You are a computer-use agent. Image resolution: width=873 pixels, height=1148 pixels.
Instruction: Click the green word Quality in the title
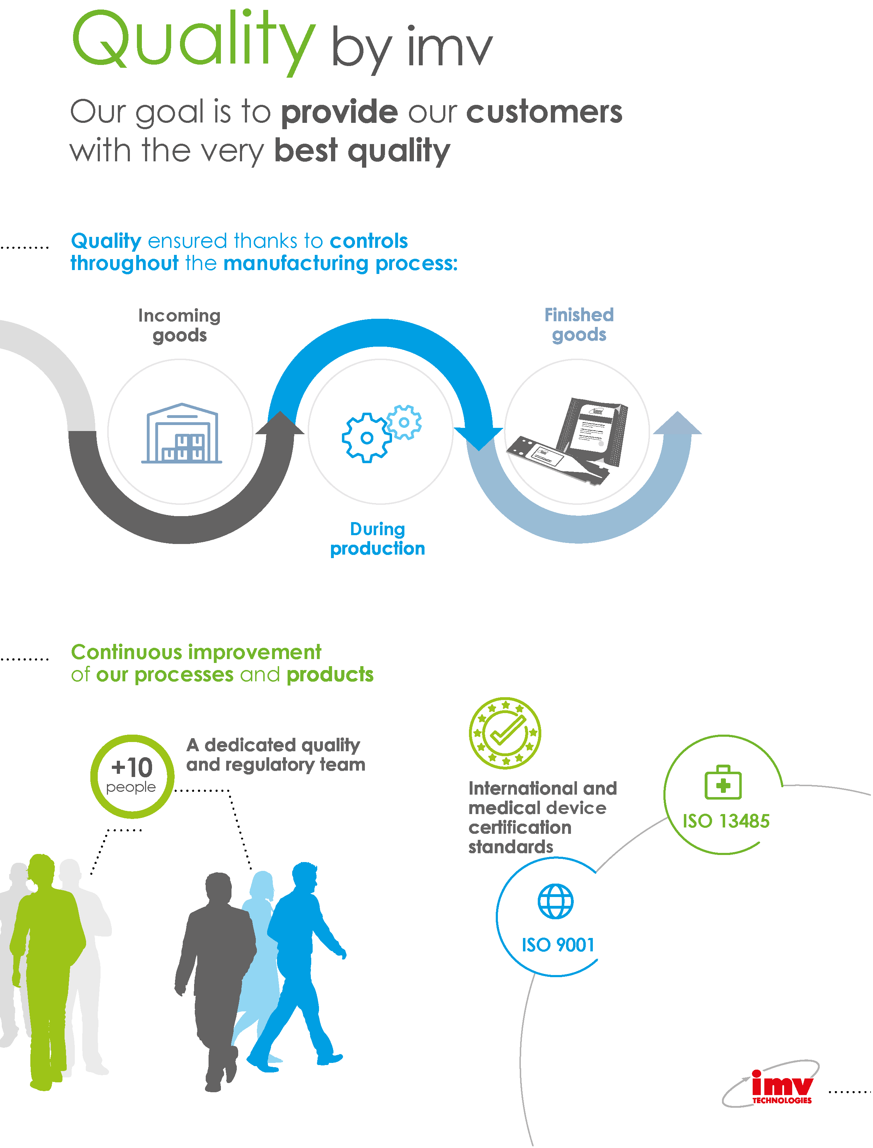point(193,42)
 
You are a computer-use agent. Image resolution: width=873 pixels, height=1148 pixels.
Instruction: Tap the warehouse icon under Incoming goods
point(181,433)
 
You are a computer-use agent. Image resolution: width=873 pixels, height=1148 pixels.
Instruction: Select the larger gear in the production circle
point(366,438)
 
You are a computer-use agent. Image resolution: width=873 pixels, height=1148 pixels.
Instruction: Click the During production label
point(378,539)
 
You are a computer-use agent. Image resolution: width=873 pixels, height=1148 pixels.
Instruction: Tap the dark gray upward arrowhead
point(280,423)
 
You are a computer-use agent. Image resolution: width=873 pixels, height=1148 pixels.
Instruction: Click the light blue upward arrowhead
point(677,423)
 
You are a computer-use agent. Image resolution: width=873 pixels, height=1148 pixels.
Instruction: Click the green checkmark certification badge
point(505,733)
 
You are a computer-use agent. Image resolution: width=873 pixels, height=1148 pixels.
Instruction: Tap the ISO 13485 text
point(726,821)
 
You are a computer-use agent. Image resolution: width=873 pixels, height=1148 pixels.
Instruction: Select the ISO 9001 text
point(558,945)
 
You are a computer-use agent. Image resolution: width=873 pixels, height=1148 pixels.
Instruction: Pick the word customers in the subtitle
point(544,112)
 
